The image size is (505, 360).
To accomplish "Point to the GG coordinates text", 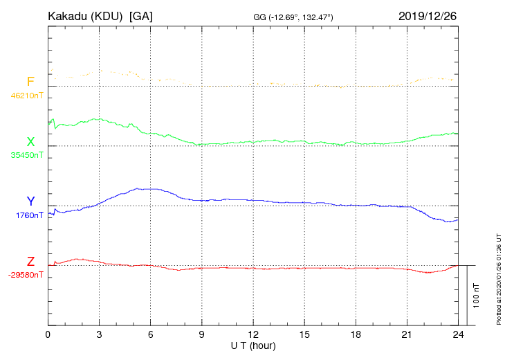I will click(x=294, y=17).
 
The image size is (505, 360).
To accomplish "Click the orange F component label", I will click(x=30, y=82).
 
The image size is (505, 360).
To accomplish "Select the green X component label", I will click(x=30, y=142).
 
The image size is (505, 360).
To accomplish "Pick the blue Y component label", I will click(x=30, y=201).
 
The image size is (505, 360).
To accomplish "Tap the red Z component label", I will click(x=30, y=262).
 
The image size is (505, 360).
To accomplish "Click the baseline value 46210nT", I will click(x=27, y=96).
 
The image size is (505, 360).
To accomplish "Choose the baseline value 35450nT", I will click(x=27, y=155).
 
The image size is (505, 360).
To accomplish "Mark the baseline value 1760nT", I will click(x=30, y=215).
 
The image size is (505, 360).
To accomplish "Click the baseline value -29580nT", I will click(x=26, y=275).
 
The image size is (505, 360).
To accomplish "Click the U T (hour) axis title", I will click(x=253, y=345).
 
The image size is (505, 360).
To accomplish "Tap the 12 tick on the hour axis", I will click(x=253, y=334).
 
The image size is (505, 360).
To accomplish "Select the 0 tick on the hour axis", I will click(x=48, y=334).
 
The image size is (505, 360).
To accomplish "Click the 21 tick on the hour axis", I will click(x=407, y=334).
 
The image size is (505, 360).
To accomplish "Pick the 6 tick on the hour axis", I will click(x=151, y=334).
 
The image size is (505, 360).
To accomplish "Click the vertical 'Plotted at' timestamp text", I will click(x=499, y=278).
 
